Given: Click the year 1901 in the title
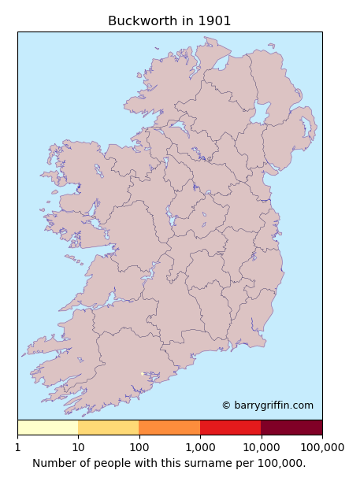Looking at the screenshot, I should (x=215, y=21).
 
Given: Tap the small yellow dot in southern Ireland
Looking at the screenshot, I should (x=142, y=374).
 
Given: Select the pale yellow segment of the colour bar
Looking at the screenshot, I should (x=47, y=428).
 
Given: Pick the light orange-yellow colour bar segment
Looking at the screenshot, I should (x=109, y=428).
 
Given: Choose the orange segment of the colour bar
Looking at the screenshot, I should (x=169, y=428).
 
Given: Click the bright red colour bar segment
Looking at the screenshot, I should (x=230, y=428).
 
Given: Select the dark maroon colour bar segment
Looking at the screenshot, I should (x=291, y=428).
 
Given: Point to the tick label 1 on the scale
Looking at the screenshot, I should (x=17, y=447).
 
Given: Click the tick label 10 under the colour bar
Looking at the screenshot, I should (x=78, y=447).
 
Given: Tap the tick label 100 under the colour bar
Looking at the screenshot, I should (x=139, y=447).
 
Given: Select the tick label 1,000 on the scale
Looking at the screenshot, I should (x=200, y=447).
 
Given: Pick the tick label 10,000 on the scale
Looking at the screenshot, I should (x=261, y=447).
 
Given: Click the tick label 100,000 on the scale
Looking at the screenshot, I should (x=321, y=447).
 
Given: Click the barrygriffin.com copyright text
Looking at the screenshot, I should (x=273, y=405).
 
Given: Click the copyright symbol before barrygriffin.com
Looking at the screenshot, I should (x=226, y=405).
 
